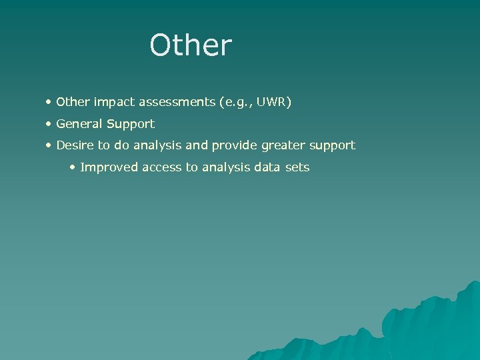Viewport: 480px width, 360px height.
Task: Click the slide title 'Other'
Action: [x=191, y=45]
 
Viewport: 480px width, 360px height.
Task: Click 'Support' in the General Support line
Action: [x=132, y=124]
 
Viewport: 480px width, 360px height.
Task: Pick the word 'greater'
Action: [x=285, y=145]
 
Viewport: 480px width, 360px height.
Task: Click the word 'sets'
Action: [x=298, y=167]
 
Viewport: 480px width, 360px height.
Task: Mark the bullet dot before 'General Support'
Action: [x=49, y=124]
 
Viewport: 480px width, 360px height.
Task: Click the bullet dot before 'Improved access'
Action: [x=73, y=167]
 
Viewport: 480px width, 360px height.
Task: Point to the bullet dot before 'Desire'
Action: [x=49, y=145]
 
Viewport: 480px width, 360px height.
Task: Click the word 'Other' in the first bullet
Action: [x=73, y=103]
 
